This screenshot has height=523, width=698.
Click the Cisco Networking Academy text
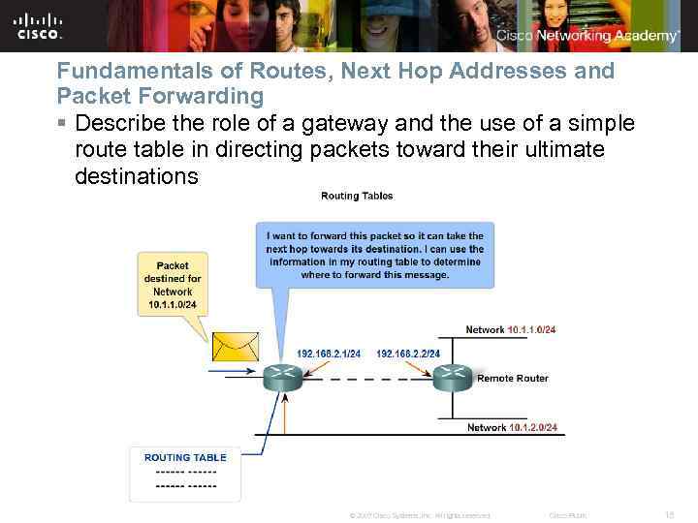(x=587, y=36)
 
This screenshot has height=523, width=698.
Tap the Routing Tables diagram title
(x=357, y=196)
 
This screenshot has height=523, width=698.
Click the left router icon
(x=282, y=376)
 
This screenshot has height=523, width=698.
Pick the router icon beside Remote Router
(x=453, y=377)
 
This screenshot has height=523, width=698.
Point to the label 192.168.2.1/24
(x=329, y=354)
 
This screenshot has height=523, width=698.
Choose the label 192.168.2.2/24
(x=408, y=354)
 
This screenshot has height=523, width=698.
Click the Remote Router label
(x=512, y=379)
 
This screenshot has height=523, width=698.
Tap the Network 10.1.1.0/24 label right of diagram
(x=511, y=330)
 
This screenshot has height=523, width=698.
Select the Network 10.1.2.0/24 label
(x=512, y=427)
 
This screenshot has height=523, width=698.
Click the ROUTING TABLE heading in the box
(x=185, y=457)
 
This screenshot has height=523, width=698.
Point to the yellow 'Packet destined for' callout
(x=172, y=285)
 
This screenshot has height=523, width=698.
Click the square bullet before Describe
(x=62, y=124)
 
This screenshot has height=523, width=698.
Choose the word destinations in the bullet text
(x=136, y=176)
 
